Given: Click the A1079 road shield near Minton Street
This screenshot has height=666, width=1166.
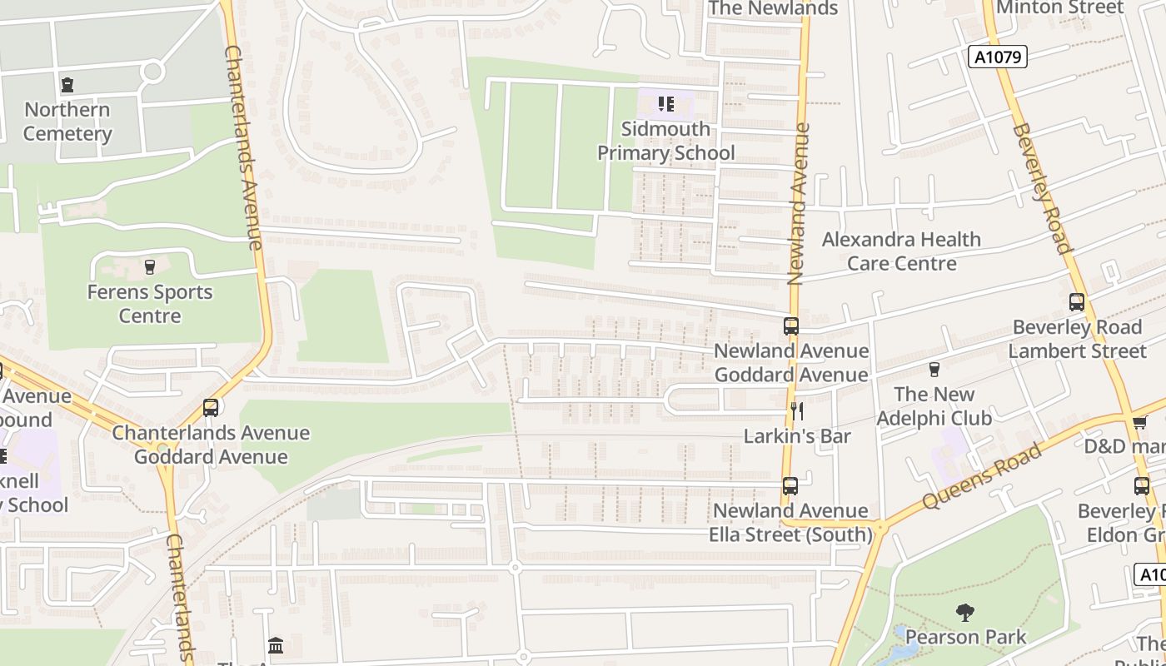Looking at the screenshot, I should pyautogui.click(x=999, y=57).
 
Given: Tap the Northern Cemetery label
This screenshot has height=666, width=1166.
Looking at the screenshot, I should pyautogui.click(x=67, y=122).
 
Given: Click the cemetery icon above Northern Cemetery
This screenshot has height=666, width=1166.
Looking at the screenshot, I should pyautogui.click(x=67, y=84).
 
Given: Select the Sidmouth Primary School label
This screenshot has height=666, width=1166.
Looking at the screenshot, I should pyautogui.click(x=666, y=141).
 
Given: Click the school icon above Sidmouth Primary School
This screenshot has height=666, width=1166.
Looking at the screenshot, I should pyautogui.click(x=665, y=104).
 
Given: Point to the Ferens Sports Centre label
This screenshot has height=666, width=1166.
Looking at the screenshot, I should pyautogui.click(x=150, y=304).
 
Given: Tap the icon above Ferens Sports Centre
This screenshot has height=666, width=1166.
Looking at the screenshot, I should pyautogui.click(x=150, y=267).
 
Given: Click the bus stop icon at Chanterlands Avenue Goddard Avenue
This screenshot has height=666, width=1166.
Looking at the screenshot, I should pyautogui.click(x=211, y=408).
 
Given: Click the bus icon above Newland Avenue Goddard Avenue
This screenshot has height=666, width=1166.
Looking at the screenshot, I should pyautogui.click(x=790, y=326).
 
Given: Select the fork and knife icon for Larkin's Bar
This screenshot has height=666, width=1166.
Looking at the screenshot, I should pyautogui.click(x=797, y=410).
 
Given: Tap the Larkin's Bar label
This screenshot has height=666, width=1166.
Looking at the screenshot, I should pyautogui.click(x=797, y=435).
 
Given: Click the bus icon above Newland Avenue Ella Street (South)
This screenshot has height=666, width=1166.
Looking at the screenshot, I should pyautogui.click(x=790, y=485).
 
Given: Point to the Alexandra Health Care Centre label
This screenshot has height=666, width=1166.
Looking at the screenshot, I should pyautogui.click(x=901, y=251).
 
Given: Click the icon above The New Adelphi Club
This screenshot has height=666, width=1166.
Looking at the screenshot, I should pyautogui.click(x=934, y=369).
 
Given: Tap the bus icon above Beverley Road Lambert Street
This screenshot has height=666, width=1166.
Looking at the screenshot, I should pyautogui.click(x=1077, y=302).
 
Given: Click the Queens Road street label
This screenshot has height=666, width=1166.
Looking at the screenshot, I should pyautogui.click(x=982, y=476).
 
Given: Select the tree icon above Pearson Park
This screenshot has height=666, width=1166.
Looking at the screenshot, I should pyautogui.click(x=965, y=614).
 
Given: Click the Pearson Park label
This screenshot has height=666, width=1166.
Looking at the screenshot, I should pyautogui.click(x=965, y=637).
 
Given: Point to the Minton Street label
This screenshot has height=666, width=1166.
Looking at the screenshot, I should pyautogui.click(x=1059, y=7).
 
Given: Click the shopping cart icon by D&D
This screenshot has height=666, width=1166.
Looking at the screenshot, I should pyautogui.click(x=1140, y=422).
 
